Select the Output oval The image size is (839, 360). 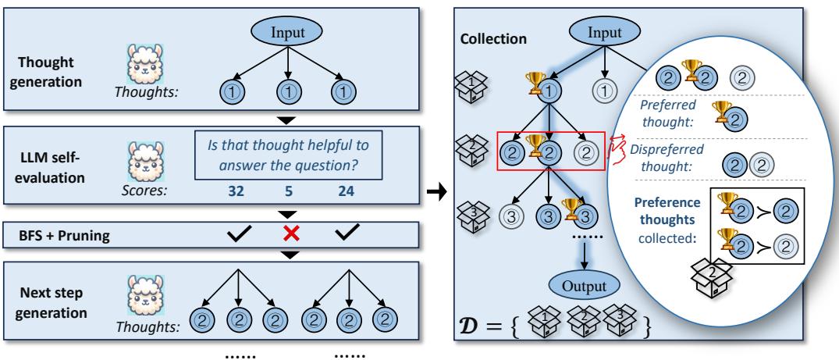click(x=582, y=283)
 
